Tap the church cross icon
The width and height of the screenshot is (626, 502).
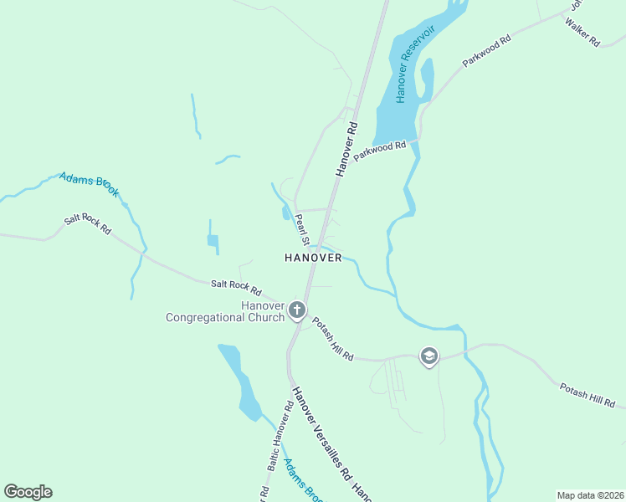point(296,311)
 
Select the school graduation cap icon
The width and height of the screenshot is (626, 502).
point(429,357)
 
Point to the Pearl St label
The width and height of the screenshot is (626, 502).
point(301,228)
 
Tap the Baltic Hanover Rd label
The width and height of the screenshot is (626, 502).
point(279,433)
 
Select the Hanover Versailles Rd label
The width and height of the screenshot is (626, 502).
point(321,433)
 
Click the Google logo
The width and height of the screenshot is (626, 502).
point(28,492)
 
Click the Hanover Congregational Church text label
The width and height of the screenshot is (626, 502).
point(226,311)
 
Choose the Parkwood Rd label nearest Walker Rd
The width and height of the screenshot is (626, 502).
point(486,51)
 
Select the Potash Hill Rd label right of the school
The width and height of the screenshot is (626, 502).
point(587,397)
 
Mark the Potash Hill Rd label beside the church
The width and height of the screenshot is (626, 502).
point(332,339)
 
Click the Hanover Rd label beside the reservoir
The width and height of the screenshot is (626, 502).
point(346,149)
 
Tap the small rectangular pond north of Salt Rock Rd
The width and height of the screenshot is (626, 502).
point(213,242)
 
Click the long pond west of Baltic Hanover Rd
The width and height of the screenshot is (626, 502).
point(241,381)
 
